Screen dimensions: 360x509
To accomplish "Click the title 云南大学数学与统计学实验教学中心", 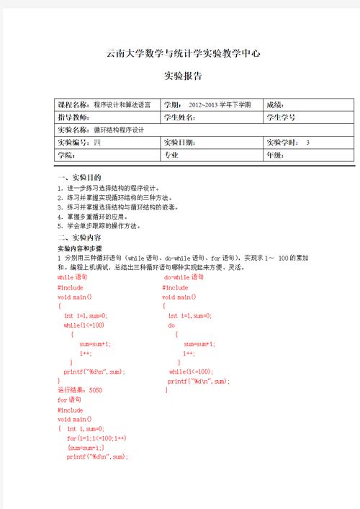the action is pyautogui.click(x=182, y=53).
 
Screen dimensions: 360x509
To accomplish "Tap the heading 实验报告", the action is pyautogui.click(x=182, y=76).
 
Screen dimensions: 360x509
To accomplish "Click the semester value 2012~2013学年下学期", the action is pyautogui.click(x=220, y=105).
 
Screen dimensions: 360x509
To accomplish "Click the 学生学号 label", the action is pyautogui.click(x=282, y=117).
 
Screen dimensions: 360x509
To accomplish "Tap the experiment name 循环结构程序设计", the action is pyautogui.click(x=119, y=130).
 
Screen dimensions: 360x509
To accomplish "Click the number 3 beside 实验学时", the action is pyautogui.click(x=307, y=143).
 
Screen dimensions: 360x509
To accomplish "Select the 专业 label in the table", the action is pyautogui.click(x=171, y=155).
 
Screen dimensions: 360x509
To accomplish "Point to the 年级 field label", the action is pyautogui.click(x=276, y=155).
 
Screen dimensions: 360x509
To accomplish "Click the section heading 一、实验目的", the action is pyautogui.click(x=78, y=177).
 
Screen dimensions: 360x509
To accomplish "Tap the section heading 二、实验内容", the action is pyautogui.click(x=78, y=238).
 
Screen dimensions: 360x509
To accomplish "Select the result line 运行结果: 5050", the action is pyautogui.click(x=80, y=390).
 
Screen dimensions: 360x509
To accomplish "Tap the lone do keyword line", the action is pyautogui.click(x=171, y=325).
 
